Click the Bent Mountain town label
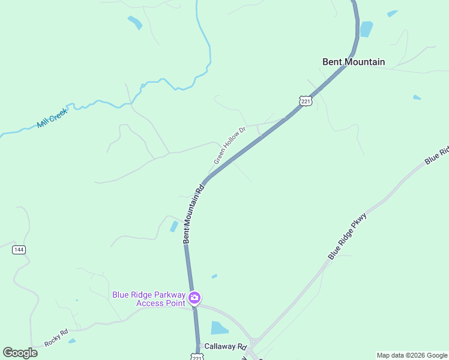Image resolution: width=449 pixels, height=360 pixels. (354, 62)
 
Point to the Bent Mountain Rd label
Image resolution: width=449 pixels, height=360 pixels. (194, 213)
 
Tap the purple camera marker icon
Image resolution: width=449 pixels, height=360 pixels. (194, 298)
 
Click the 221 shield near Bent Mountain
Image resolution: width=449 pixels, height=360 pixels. (306, 101)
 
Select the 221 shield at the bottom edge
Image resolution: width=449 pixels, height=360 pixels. (198, 357)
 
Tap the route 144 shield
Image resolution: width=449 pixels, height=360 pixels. (19, 250)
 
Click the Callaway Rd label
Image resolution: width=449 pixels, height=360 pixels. (226, 347)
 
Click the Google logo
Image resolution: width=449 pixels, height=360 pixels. (20, 353)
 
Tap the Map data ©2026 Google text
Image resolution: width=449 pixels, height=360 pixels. (412, 355)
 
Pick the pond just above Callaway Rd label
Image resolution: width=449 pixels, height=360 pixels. (219, 328)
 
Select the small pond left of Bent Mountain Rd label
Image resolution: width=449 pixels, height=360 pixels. (174, 226)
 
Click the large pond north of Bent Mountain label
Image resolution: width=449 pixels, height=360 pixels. (366, 29)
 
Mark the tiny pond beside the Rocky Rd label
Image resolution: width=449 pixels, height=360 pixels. (72, 341)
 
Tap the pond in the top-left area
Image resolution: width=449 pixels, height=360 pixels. (135, 23)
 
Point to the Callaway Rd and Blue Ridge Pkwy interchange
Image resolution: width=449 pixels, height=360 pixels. (255, 343)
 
